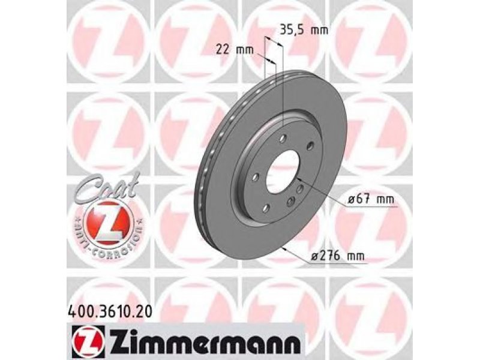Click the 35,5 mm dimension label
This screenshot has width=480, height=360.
[x=304, y=30]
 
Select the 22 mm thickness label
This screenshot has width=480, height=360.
[x=235, y=49]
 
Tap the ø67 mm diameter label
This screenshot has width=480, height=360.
[x=371, y=200]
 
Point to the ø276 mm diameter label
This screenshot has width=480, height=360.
[x=338, y=256]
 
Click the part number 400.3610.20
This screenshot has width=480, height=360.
[x=109, y=312]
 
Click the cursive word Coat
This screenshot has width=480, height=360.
[x=107, y=188]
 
